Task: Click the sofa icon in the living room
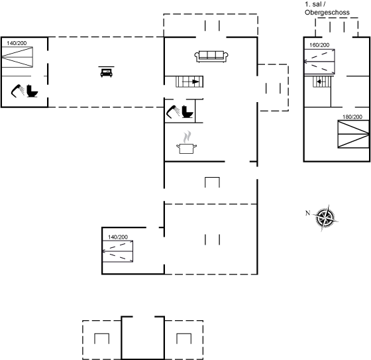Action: pyautogui.click(x=211, y=56)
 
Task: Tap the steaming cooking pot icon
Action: pyautogui.click(x=187, y=143)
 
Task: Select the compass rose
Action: pyautogui.click(x=326, y=217)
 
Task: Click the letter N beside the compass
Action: pyautogui.click(x=307, y=213)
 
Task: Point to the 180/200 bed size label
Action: pyautogui.click(x=352, y=117)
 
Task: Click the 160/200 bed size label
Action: pyautogui.click(x=319, y=45)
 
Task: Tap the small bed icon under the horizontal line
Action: pyautogui.click(x=107, y=72)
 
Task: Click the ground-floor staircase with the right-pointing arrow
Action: pyautogui.click(x=189, y=82)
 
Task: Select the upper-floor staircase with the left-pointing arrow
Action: pyautogui.click(x=321, y=82)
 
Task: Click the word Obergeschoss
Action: pyautogui.click(x=327, y=13)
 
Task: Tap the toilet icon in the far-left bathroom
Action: pyautogui.click(x=32, y=91)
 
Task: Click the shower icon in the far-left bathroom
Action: pyautogui.click(x=17, y=91)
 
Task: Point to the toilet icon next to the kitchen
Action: pyautogui.click(x=187, y=111)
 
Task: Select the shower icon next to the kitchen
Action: pyautogui.click(x=173, y=111)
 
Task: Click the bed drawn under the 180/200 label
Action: pyautogui.click(x=354, y=135)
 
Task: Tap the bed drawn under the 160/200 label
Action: pyautogui.click(x=319, y=62)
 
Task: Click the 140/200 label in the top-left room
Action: pyautogui.click(x=17, y=43)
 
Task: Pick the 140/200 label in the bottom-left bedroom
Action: pyautogui.click(x=118, y=237)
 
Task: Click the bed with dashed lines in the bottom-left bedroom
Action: pyautogui.click(x=118, y=251)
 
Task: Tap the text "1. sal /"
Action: pyautogui.click(x=315, y=4)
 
